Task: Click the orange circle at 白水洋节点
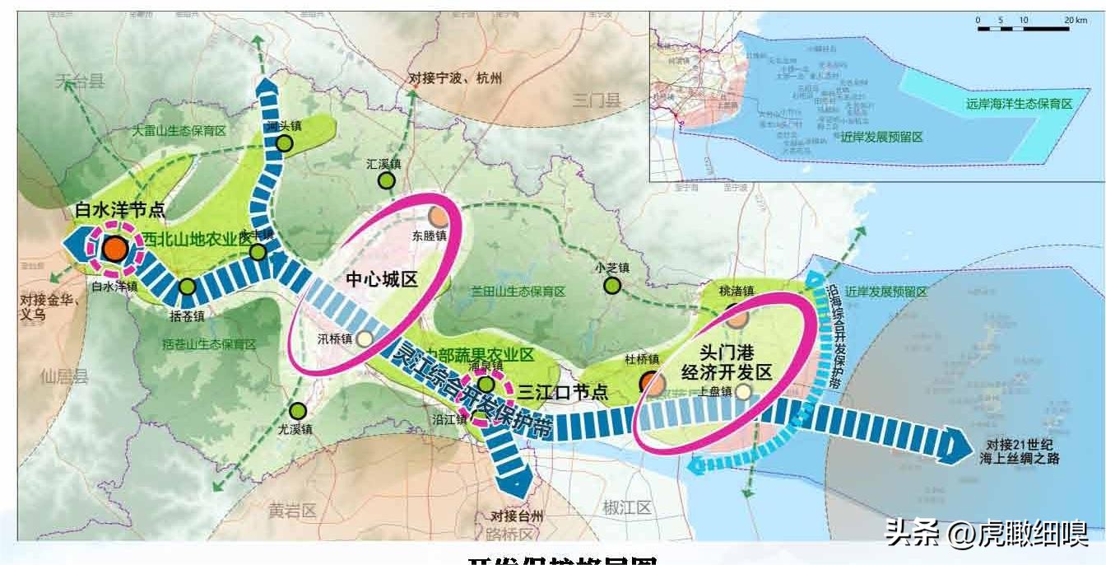click(116, 247)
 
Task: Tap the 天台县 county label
click(81, 81)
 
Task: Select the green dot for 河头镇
click(285, 144)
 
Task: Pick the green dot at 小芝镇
click(612, 285)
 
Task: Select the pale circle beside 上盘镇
click(743, 392)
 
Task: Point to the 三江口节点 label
click(563, 392)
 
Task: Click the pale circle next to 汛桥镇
click(364, 338)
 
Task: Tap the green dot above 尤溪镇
click(298, 410)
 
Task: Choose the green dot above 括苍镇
click(188, 287)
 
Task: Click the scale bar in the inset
click(1020, 28)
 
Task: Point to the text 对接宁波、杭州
click(455, 79)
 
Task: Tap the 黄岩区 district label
click(292, 511)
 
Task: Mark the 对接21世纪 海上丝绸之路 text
click(1017, 450)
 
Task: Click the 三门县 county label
click(597, 100)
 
